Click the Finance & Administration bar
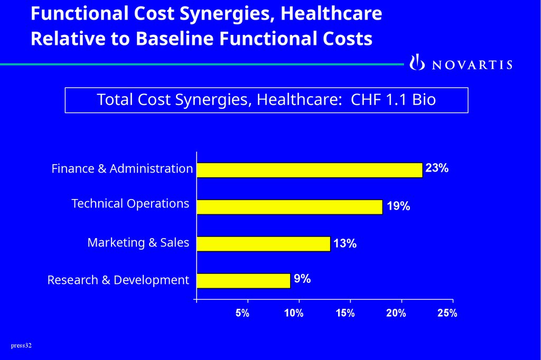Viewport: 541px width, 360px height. click(x=309, y=170)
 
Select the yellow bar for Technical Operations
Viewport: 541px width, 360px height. click(x=289, y=207)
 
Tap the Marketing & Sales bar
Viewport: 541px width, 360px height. click(x=263, y=244)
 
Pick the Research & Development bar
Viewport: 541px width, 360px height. click(x=243, y=281)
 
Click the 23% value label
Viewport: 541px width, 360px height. click(x=437, y=168)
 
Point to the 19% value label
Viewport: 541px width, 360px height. click(x=398, y=206)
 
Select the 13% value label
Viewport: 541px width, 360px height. click(x=344, y=243)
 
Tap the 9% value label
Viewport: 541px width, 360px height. click(x=302, y=279)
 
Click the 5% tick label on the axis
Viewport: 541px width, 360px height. click(x=242, y=313)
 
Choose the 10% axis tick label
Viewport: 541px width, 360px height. click(x=294, y=313)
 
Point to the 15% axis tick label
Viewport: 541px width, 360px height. click(x=345, y=313)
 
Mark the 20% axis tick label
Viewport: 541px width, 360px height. click(x=396, y=313)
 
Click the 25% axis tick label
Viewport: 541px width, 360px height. click(x=447, y=313)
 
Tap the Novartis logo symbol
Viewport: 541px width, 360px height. click(x=417, y=62)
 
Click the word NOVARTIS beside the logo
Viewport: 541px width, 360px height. click(x=472, y=65)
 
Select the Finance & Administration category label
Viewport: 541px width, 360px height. click(x=122, y=169)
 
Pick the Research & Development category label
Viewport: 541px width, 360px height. click(x=118, y=280)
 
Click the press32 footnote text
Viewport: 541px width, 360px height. click(x=21, y=346)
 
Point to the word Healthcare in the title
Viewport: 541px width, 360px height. click(x=331, y=14)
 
